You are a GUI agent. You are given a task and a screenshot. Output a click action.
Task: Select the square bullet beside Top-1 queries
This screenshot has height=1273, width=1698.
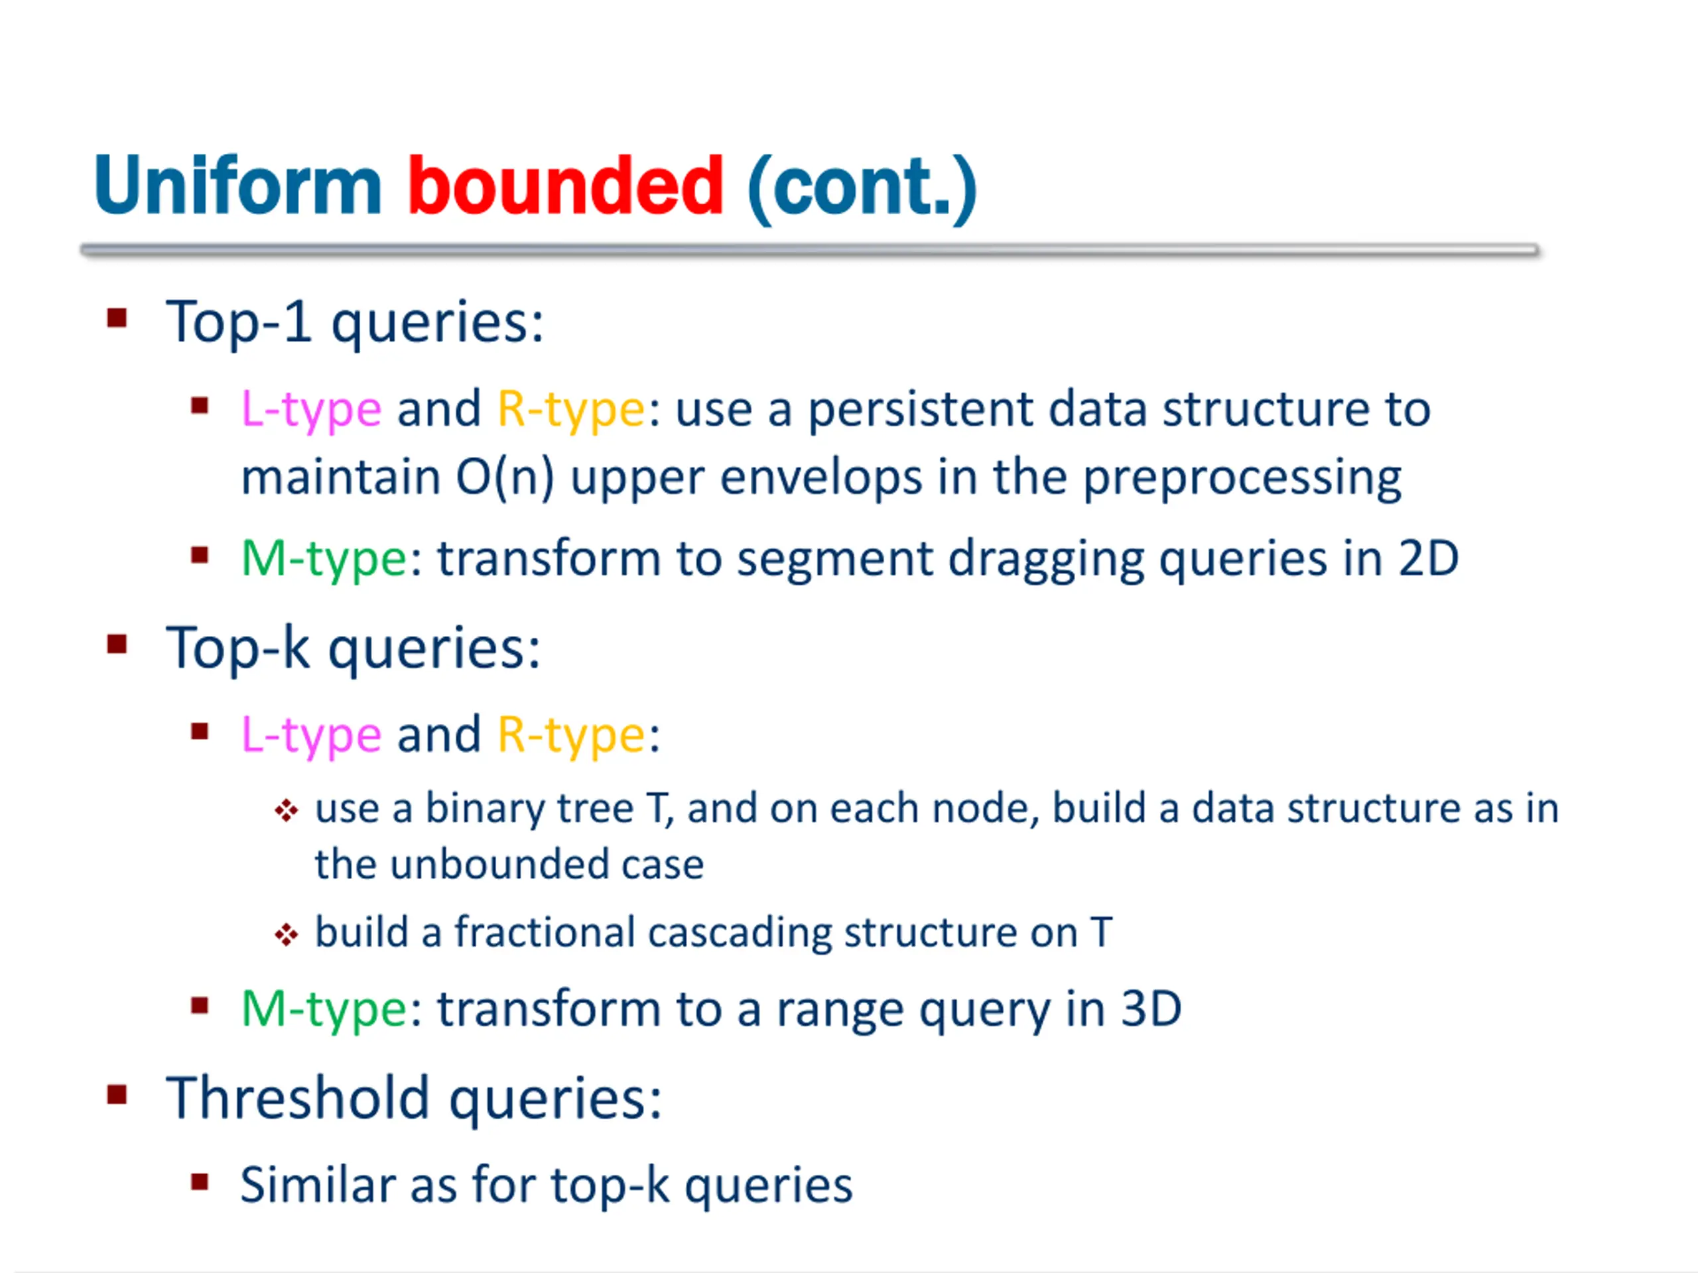[x=117, y=318]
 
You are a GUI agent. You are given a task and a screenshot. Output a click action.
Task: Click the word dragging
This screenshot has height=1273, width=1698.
[x=1045, y=560]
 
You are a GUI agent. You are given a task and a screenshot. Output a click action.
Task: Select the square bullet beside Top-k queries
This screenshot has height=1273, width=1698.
[x=117, y=644]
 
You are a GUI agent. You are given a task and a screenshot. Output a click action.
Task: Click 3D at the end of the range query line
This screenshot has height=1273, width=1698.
[x=1151, y=1009]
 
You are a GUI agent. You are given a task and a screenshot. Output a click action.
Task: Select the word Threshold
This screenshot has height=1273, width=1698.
[x=298, y=1098]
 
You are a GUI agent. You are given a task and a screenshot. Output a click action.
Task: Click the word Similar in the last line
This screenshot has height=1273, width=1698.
[x=317, y=1185]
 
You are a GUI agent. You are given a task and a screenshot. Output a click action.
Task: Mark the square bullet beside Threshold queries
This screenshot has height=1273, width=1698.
[x=117, y=1094]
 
